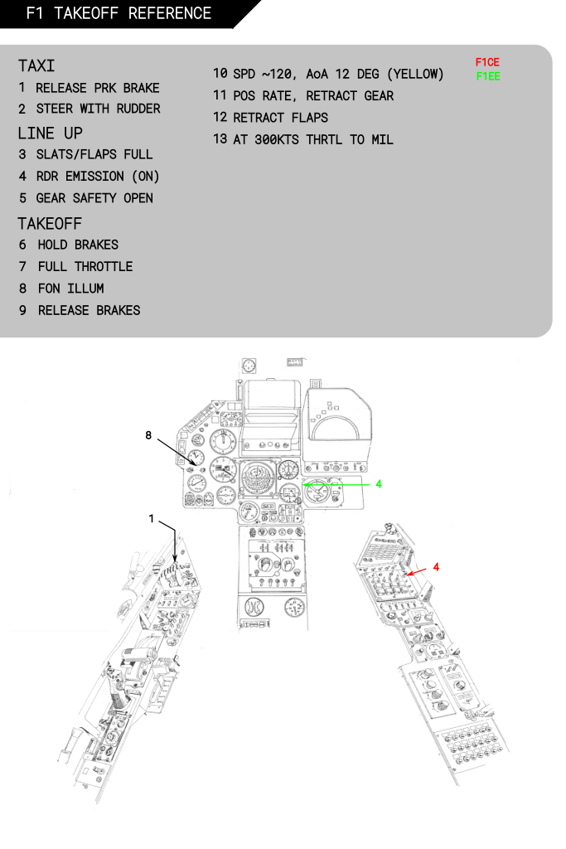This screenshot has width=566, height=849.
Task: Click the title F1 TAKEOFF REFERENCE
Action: [119, 13]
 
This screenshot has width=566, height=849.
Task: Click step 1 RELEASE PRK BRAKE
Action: [89, 88]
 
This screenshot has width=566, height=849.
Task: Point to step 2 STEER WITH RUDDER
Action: [89, 109]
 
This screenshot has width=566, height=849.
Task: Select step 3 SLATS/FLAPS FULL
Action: [85, 155]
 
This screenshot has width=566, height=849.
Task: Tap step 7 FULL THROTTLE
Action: [75, 267]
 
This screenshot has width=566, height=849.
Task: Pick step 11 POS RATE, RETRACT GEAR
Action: [303, 96]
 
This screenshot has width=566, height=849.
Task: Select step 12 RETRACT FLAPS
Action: [270, 118]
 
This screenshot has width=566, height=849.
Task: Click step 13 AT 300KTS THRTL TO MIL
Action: [303, 139]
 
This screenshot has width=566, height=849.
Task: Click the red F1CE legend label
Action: [487, 63]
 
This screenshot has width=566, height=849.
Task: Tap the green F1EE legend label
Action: [487, 76]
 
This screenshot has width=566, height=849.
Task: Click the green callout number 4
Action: [379, 484]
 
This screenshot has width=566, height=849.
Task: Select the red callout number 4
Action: [436, 566]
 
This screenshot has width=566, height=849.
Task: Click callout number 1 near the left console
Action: [152, 519]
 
